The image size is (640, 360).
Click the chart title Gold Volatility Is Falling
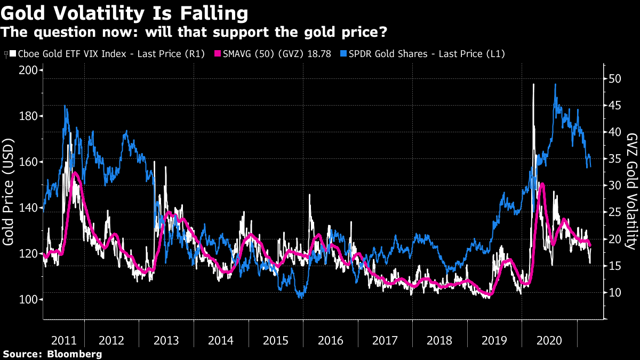(125, 13)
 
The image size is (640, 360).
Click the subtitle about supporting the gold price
(194, 33)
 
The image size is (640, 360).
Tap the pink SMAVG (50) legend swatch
(218, 53)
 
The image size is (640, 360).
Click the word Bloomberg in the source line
(74, 354)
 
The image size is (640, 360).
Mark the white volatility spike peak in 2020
(533, 84)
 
